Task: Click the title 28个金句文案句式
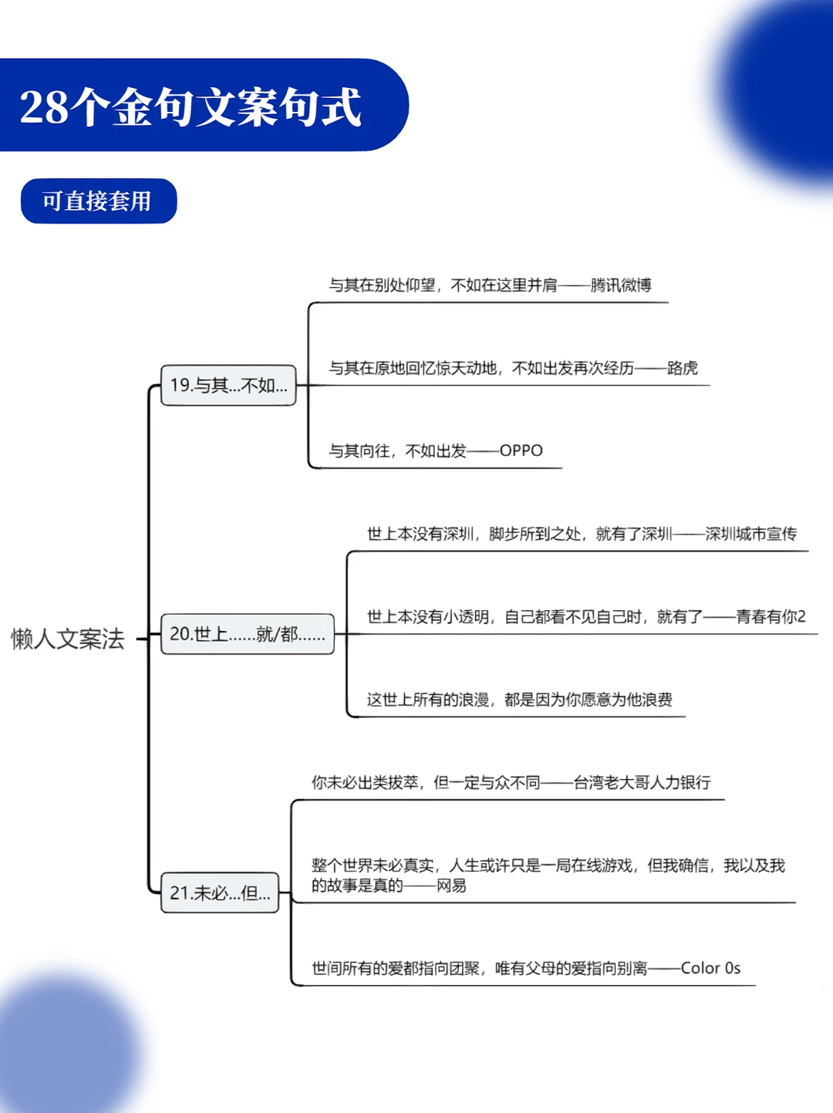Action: (x=191, y=106)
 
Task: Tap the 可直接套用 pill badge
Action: (x=98, y=201)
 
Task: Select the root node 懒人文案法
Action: (x=68, y=639)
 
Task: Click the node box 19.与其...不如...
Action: (x=228, y=385)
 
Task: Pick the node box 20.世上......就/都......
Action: (x=247, y=634)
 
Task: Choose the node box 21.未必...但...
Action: (x=220, y=892)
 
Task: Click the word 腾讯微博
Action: (x=621, y=285)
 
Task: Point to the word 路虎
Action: (x=683, y=368)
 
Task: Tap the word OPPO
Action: (x=521, y=450)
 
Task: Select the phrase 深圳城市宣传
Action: (x=750, y=534)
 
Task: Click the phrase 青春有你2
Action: (x=771, y=616)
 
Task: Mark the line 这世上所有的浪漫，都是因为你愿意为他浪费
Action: (x=519, y=700)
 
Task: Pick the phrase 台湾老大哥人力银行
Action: (x=642, y=782)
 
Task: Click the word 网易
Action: (x=451, y=885)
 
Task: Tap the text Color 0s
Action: (x=710, y=968)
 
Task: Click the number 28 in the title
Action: (x=44, y=107)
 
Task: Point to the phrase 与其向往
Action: (x=359, y=450)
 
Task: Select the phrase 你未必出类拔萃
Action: (x=365, y=782)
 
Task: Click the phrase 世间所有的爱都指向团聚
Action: (x=396, y=968)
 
